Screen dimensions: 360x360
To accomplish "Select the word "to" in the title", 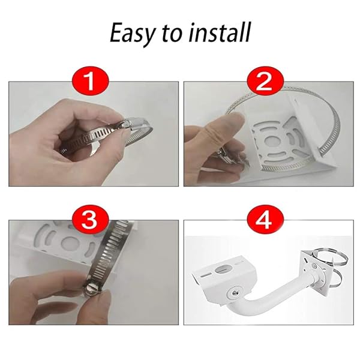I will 172,34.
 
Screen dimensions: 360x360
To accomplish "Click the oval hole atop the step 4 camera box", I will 227,269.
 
